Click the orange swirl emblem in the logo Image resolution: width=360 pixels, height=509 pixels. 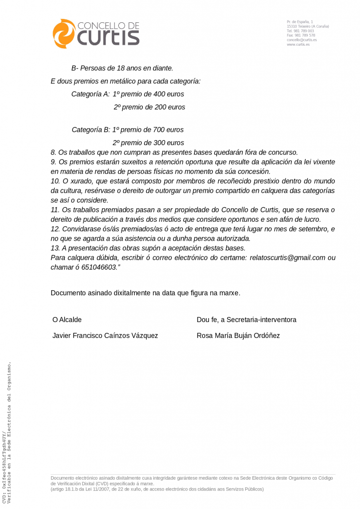click(64, 34)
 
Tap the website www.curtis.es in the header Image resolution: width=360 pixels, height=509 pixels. click(298, 45)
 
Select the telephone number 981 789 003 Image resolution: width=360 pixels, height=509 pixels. click(304, 31)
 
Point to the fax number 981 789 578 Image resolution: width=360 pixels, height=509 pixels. click(304, 35)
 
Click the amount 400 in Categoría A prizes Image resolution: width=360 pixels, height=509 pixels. click(160, 94)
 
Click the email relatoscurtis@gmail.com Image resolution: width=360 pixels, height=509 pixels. click(287, 258)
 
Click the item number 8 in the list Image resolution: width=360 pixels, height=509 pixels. click(53, 152)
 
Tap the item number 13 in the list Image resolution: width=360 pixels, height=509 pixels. click(55, 248)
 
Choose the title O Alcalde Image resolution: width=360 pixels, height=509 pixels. click(67, 320)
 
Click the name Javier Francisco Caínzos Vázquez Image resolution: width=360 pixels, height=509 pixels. click(105, 336)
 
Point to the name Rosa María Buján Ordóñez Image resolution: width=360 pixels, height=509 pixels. click(238, 336)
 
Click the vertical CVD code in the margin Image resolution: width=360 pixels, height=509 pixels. click(4, 467)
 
